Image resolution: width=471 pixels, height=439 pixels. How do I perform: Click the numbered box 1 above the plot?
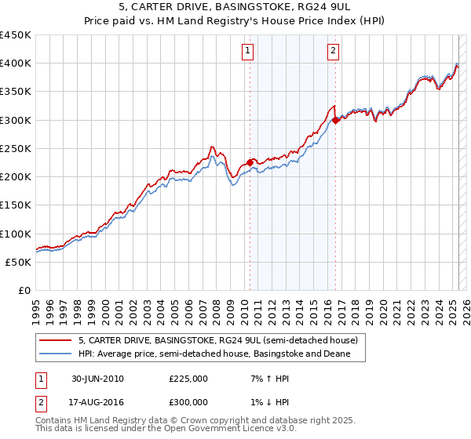click(x=247, y=51)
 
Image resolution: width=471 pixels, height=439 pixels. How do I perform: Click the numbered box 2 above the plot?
click(x=333, y=51)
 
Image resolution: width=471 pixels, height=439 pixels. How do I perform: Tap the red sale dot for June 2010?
click(x=250, y=162)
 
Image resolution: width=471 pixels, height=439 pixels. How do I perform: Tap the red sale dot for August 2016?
click(x=335, y=120)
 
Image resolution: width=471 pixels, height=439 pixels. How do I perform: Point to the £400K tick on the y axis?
click(x=16, y=63)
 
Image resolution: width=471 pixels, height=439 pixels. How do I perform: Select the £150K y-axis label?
click(x=16, y=205)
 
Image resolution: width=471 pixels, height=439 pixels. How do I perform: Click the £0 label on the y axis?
click(x=24, y=291)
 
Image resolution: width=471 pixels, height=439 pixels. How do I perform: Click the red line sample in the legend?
click(x=55, y=340)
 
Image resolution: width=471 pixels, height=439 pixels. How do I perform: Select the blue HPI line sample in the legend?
click(x=55, y=354)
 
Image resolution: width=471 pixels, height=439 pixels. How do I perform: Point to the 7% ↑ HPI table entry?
click(x=263, y=379)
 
